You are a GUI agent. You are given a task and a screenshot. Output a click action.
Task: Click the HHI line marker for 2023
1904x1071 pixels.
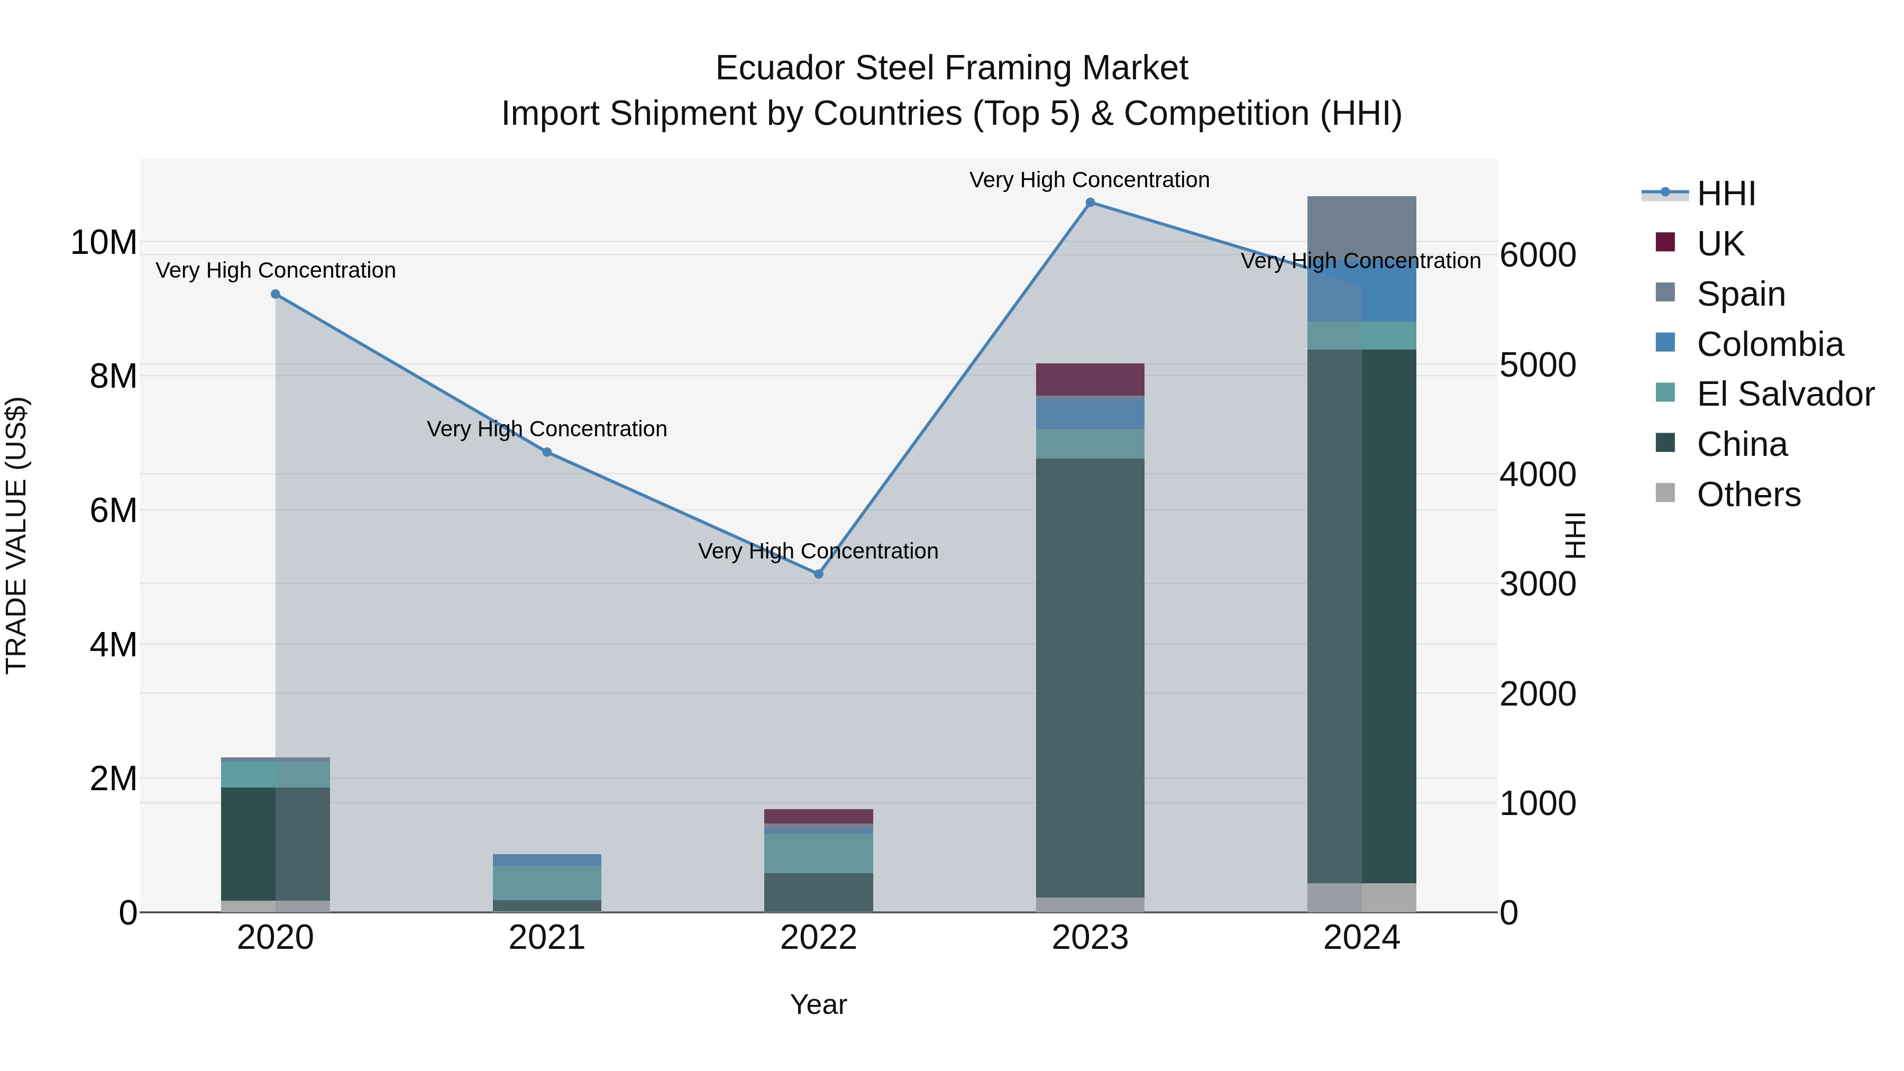pyautogui.click(x=1090, y=203)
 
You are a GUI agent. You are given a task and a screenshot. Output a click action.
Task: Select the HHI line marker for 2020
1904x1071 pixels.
pyautogui.click(x=276, y=294)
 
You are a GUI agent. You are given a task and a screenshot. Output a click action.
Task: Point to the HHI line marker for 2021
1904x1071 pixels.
pyautogui.click(x=547, y=452)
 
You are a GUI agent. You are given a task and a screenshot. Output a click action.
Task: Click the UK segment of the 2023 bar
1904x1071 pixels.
pyautogui.click(x=1090, y=379)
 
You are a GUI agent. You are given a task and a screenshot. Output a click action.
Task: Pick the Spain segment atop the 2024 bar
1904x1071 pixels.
pyautogui.click(x=1361, y=225)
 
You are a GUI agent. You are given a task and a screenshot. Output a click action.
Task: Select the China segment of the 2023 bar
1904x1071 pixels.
pyautogui.click(x=1090, y=676)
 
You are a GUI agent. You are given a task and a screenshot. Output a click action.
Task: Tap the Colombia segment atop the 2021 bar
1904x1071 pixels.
pyautogui.click(x=547, y=859)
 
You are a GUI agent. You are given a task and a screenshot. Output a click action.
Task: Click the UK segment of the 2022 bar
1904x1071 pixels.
pyautogui.click(x=818, y=816)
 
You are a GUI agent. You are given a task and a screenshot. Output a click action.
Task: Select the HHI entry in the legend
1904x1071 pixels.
pyautogui.click(x=1726, y=194)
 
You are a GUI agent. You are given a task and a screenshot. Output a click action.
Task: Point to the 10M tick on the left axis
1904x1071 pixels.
pyautogui.click(x=104, y=242)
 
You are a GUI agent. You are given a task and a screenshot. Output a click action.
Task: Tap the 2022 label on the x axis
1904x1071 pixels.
pyautogui.click(x=818, y=938)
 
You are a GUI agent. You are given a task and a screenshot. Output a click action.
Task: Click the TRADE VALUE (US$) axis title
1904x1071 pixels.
pyautogui.click(x=16, y=535)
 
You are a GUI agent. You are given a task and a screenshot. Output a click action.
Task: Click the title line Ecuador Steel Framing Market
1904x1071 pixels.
pyautogui.click(x=951, y=68)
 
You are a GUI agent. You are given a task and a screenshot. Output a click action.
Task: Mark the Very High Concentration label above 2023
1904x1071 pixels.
pyautogui.click(x=1090, y=180)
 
